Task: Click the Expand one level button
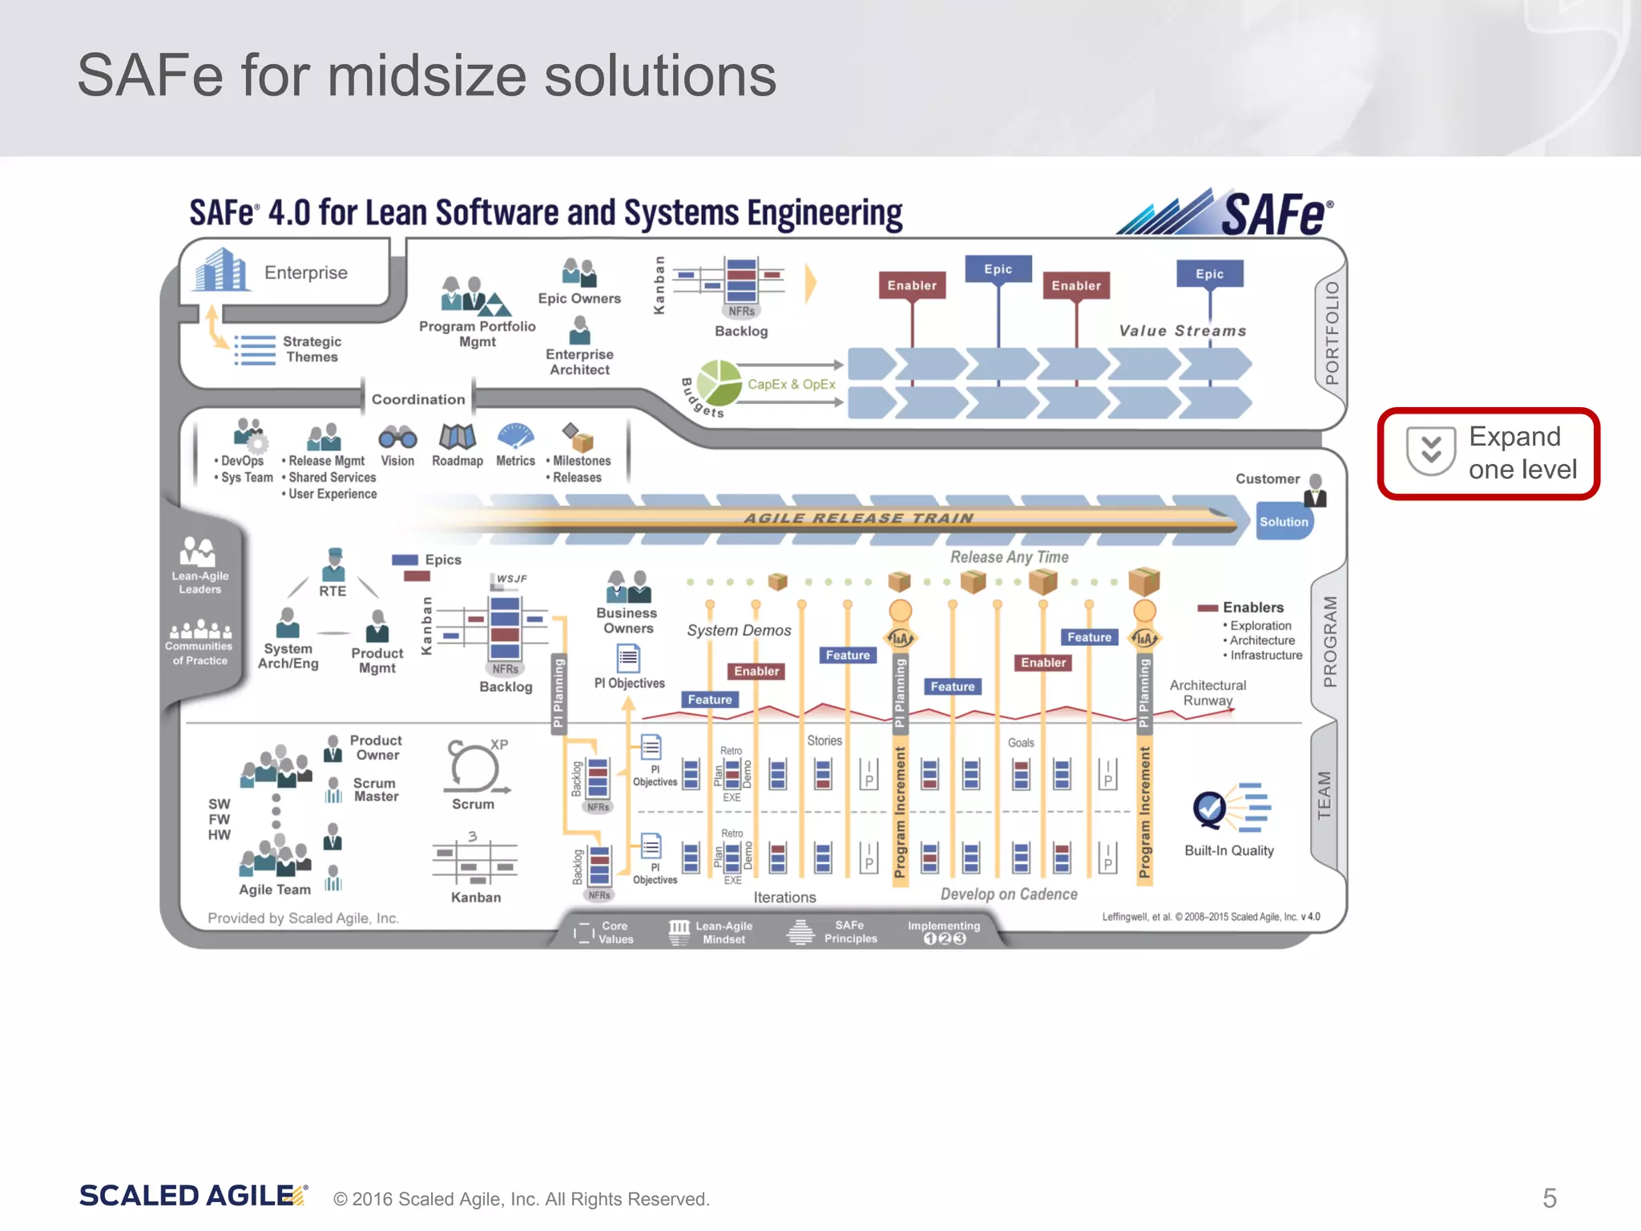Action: tap(1489, 453)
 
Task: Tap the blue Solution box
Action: tap(1283, 522)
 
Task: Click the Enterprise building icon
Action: tap(220, 270)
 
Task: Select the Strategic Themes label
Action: tap(312, 349)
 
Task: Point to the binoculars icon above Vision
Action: tap(397, 438)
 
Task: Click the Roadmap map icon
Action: tap(458, 437)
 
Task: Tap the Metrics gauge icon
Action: tap(515, 436)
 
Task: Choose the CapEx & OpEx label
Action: tap(791, 385)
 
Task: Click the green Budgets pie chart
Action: tap(720, 382)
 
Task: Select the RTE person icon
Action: tap(333, 564)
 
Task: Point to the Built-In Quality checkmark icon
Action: tap(1209, 809)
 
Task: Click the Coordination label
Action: tap(417, 399)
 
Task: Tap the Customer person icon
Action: tap(1315, 490)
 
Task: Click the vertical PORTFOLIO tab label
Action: tap(1331, 332)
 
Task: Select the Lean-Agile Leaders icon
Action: tap(199, 552)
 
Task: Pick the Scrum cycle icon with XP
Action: tap(474, 766)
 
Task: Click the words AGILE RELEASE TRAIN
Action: tap(858, 519)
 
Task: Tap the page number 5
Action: tap(1550, 1198)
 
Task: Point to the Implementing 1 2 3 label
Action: tap(944, 932)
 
